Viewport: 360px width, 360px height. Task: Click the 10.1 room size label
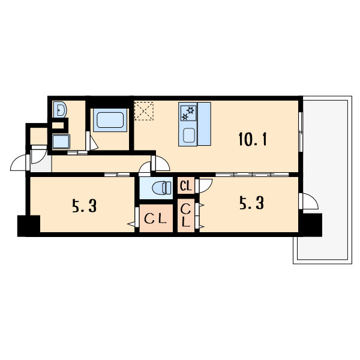click(x=253, y=139)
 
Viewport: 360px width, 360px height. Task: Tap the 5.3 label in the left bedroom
click(x=84, y=206)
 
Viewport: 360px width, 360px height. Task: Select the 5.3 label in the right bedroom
click(x=252, y=203)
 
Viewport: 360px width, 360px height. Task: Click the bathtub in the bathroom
click(x=110, y=120)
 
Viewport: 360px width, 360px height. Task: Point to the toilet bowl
click(x=161, y=188)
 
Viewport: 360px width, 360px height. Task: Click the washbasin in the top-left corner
click(x=60, y=110)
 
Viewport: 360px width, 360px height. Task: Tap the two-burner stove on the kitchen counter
click(x=188, y=113)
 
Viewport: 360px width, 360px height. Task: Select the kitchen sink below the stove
click(x=189, y=135)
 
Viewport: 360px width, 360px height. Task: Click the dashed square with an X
click(x=144, y=111)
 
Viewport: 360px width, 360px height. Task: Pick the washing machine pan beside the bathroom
click(x=61, y=142)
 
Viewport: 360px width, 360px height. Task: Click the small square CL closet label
click(x=186, y=186)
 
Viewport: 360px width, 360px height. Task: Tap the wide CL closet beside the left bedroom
click(x=156, y=218)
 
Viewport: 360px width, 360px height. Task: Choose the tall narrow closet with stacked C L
click(x=186, y=215)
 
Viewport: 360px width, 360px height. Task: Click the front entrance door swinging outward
click(x=19, y=163)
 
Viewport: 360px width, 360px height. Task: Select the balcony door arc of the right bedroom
click(x=311, y=201)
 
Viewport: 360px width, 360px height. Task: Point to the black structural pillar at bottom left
click(x=29, y=226)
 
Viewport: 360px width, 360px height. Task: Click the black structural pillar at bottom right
click(x=310, y=225)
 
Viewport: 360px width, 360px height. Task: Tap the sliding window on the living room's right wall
click(x=301, y=132)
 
